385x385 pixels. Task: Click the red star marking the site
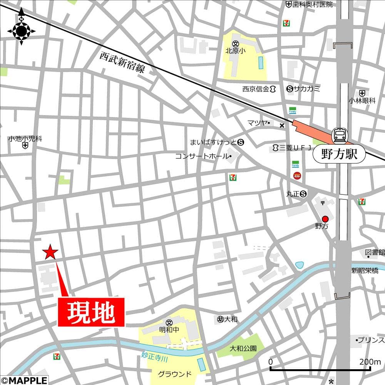click(x=50, y=252)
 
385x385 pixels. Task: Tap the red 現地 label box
click(x=91, y=312)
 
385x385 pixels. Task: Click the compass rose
click(x=22, y=30)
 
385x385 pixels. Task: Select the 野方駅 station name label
click(x=338, y=154)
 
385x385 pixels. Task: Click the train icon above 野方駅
click(x=340, y=135)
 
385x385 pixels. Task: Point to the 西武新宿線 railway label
click(x=122, y=62)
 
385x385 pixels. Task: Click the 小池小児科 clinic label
click(x=25, y=139)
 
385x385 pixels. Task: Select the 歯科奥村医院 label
click(x=313, y=5)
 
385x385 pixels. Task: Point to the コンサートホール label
click(x=202, y=156)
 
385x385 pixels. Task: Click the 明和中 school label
click(x=169, y=330)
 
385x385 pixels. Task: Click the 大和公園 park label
click(x=243, y=348)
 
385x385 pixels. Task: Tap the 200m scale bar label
click(x=370, y=362)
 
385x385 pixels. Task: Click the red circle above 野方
click(x=325, y=219)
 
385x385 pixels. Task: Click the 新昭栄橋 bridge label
click(x=364, y=271)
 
